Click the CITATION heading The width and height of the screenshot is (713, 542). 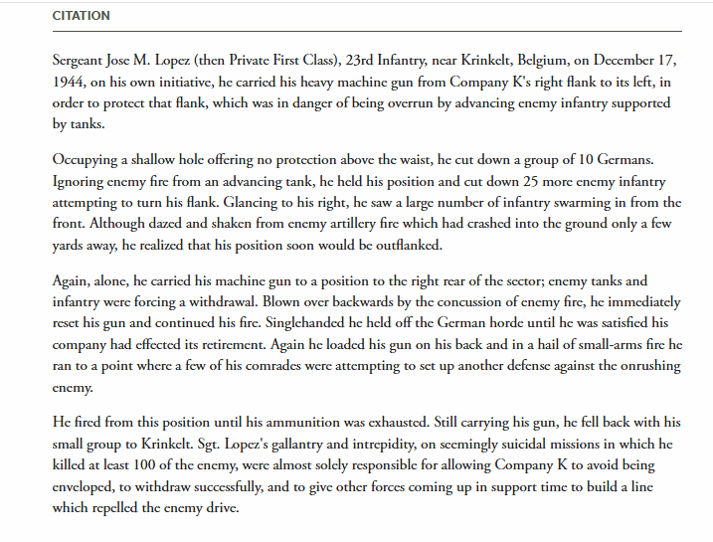tap(81, 16)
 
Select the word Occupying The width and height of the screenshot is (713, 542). tap(86, 161)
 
